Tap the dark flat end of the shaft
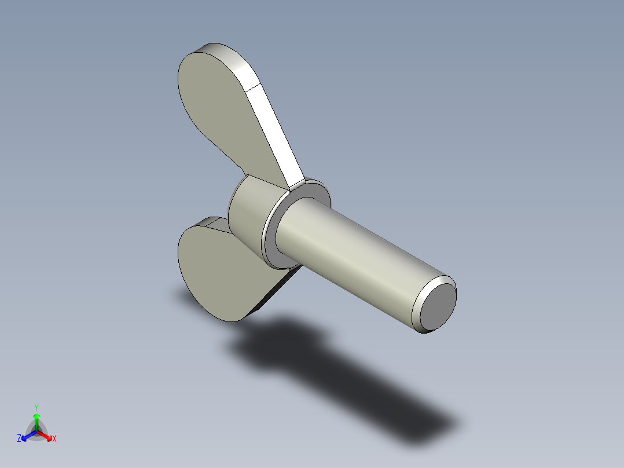(438, 305)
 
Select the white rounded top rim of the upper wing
(226, 55)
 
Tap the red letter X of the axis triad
(54, 438)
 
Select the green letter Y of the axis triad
(36, 407)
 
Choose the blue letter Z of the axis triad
(20, 438)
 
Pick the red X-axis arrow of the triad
(46, 436)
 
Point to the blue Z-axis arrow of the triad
(27, 436)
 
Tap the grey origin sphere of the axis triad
(36, 432)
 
